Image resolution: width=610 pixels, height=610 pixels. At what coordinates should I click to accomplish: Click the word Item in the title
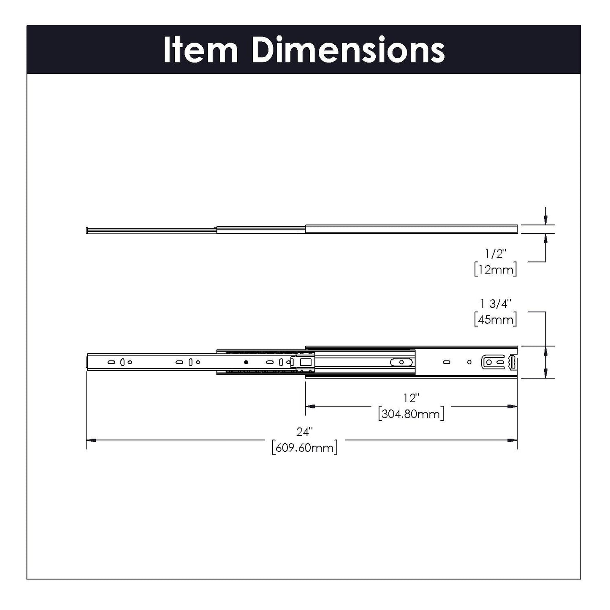[201, 50]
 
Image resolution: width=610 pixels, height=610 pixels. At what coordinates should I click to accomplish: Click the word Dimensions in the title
[348, 50]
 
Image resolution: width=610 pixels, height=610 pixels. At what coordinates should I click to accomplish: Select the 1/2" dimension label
[495, 254]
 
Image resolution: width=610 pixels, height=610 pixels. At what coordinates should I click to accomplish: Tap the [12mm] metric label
[495, 269]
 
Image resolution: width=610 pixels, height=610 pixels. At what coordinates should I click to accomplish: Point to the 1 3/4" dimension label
[495, 304]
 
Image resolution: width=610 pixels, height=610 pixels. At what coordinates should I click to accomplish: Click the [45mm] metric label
[495, 319]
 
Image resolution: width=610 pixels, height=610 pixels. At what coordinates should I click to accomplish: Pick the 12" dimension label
[411, 398]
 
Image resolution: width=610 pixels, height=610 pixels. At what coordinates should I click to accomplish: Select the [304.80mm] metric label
[411, 414]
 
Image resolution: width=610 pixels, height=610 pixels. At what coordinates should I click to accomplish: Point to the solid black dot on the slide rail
[246, 362]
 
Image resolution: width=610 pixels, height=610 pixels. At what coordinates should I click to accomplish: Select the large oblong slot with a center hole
[402, 362]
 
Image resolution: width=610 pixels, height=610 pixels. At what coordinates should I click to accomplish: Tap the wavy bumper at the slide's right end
[512, 362]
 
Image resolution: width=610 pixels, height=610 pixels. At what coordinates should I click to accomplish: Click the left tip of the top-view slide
[87, 230]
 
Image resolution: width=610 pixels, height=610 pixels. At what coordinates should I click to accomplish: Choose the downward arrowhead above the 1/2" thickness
[545, 220]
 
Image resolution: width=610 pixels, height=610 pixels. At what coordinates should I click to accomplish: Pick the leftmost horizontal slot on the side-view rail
[111, 362]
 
